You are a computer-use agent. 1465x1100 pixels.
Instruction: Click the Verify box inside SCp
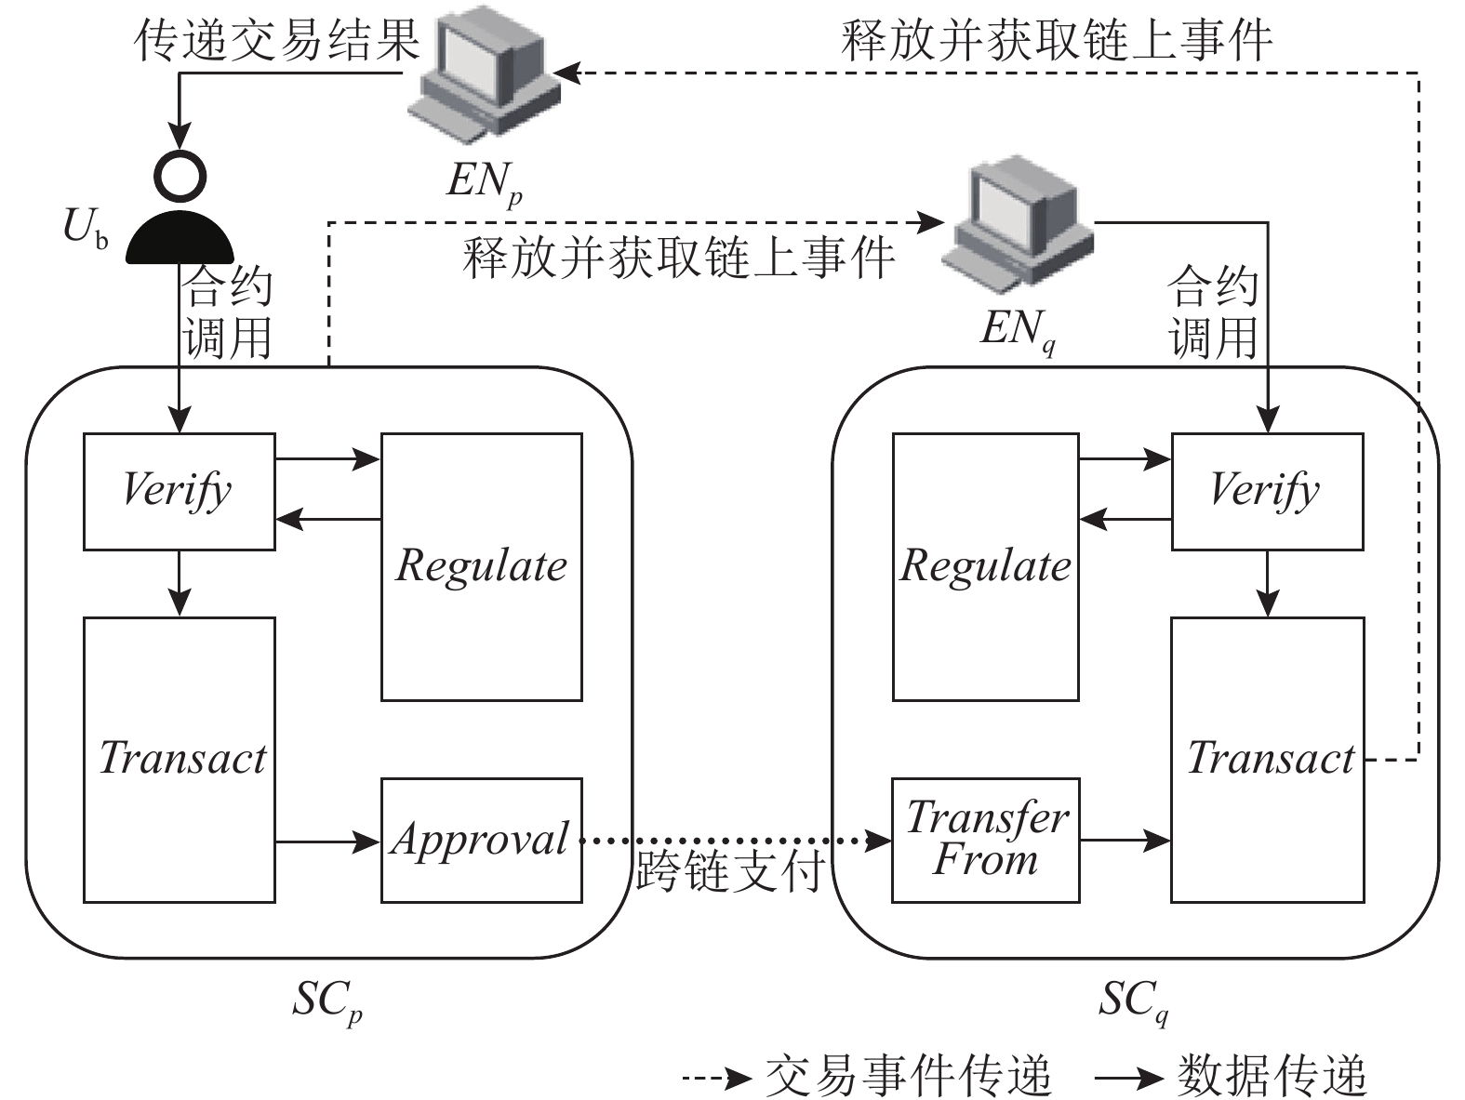(179, 491)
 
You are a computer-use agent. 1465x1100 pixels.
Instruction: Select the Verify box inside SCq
(1266, 491)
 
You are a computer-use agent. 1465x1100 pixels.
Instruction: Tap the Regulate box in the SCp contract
(481, 566)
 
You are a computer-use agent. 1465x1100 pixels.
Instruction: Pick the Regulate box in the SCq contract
(985, 566)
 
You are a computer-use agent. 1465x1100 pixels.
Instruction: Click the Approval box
(481, 840)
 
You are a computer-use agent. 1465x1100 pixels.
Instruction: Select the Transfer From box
(985, 840)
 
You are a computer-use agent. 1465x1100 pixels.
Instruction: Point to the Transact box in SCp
(179, 759)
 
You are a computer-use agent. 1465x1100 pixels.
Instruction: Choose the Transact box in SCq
(1266, 759)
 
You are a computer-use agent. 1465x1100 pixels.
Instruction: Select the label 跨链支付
(730, 872)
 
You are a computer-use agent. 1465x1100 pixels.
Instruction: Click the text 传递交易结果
(277, 42)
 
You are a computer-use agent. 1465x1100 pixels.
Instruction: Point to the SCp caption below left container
(326, 1002)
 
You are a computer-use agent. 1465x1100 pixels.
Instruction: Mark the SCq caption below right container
(1133, 1002)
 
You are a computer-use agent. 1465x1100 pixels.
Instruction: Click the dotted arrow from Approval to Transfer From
(730, 842)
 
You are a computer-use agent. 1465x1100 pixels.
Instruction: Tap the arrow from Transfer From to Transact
(1125, 842)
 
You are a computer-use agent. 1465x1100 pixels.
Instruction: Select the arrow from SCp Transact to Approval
(327, 842)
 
